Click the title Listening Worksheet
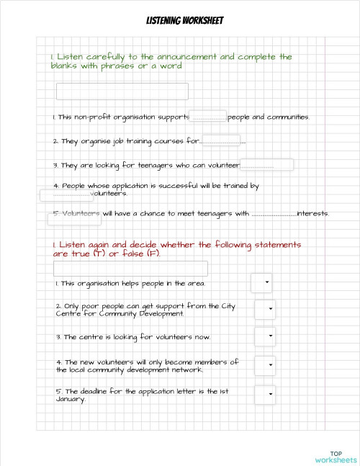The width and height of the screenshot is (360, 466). (179, 21)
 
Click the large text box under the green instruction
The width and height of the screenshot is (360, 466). (122, 91)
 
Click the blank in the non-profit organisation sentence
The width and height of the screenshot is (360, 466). (209, 117)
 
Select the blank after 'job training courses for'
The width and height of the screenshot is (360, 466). (221, 140)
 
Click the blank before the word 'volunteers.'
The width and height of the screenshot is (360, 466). (67, 194)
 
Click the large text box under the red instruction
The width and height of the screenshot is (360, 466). (131, 269)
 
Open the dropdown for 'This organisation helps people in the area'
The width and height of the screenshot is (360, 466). (261, 283)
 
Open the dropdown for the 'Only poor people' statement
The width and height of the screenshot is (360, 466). (266, 309)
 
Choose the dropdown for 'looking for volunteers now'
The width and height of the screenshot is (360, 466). (266, 336)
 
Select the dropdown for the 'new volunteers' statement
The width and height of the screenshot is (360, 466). (266, 365)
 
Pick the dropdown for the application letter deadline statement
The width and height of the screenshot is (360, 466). (266, 395)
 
